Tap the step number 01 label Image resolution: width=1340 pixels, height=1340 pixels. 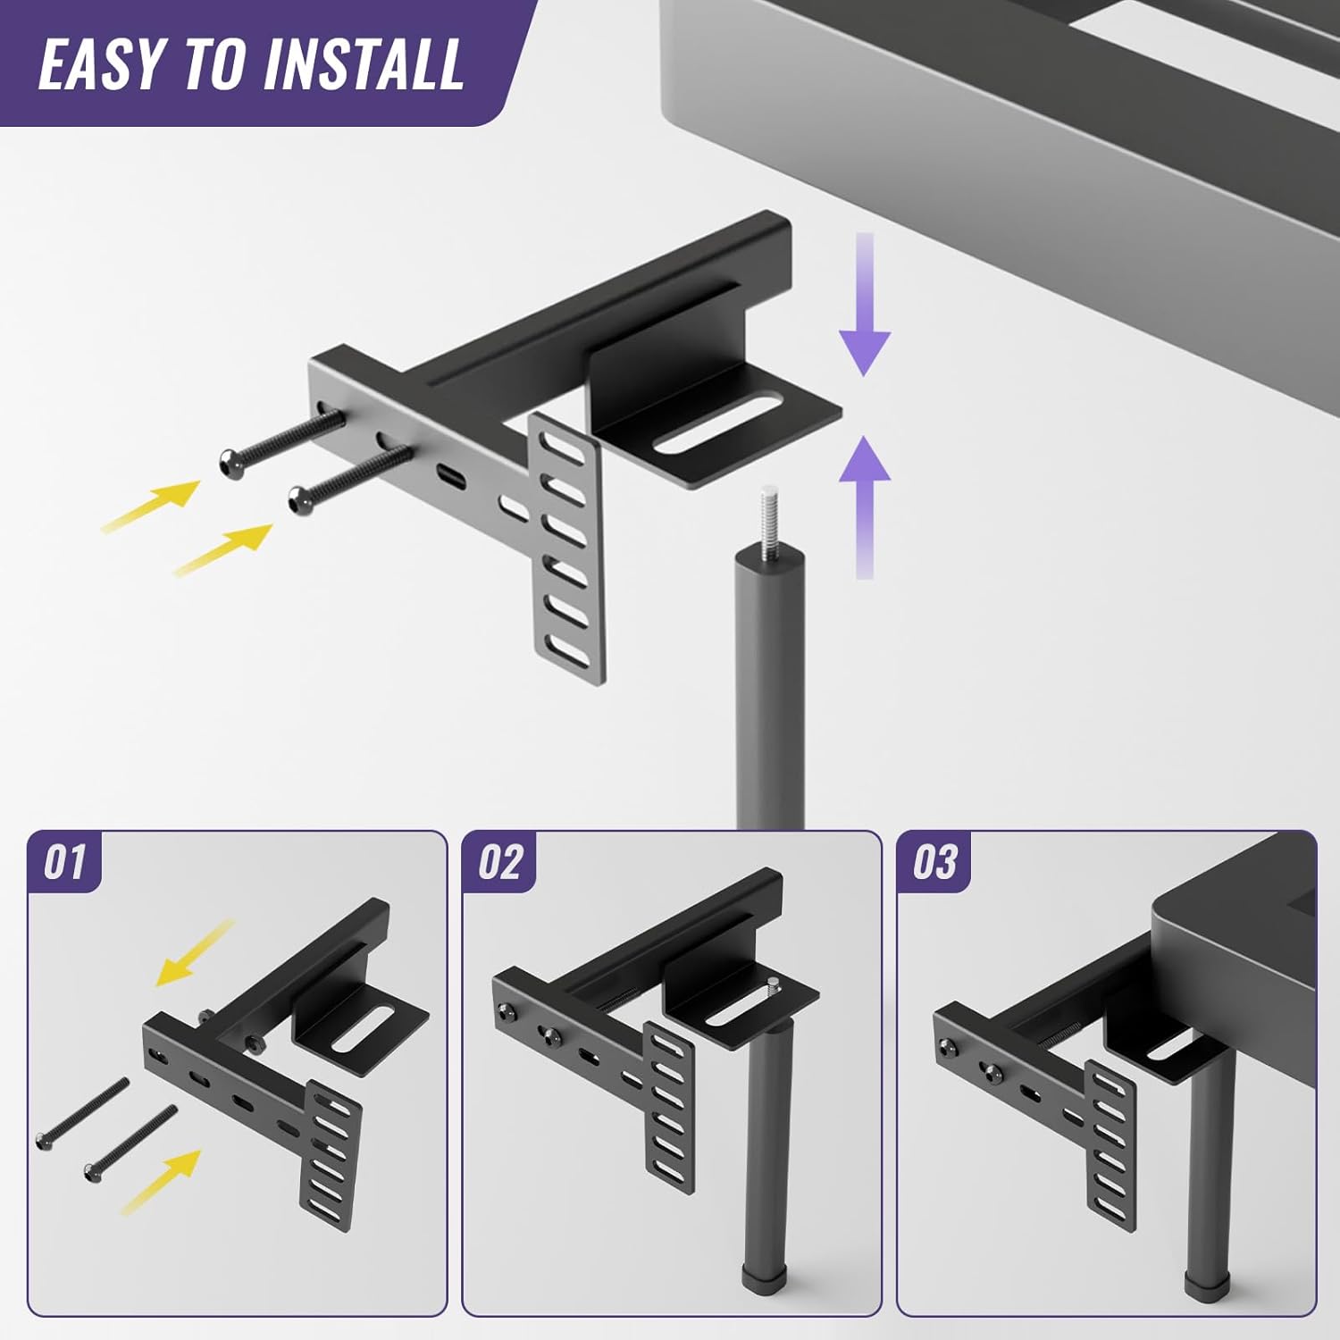64,863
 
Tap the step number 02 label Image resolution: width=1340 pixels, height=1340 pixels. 498,863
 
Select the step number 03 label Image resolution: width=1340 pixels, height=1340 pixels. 934,863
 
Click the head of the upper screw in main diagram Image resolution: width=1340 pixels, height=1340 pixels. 230,462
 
